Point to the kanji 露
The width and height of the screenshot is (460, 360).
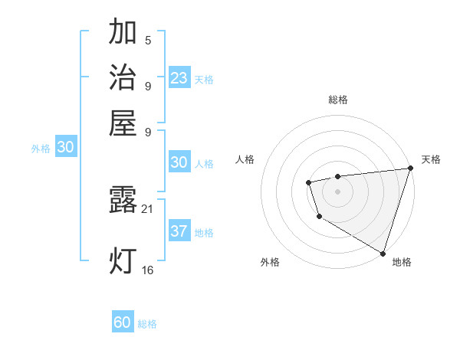pos(123,200)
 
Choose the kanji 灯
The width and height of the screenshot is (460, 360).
pos(123,260)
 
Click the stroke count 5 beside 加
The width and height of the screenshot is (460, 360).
pos(148,41)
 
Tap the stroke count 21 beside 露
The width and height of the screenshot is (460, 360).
pos(148,208)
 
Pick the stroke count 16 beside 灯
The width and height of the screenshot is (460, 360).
pos(148,270)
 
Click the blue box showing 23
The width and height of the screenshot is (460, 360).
pos(179,77)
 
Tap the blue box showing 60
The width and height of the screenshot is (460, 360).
pos(123,322)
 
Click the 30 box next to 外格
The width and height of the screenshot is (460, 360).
pos(65,148)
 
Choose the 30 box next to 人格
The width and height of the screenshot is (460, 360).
pos(179,162)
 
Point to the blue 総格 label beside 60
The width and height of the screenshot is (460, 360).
pos(147,324)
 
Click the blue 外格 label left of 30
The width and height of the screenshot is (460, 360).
pos(41,149)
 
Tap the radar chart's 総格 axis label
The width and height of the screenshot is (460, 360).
pos(337,100)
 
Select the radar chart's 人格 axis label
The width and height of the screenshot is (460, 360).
pos(245,159)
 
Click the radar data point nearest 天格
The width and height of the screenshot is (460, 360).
pos(410,169)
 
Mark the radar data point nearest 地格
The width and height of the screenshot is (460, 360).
pos(382,251)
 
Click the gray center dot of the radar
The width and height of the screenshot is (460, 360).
pos(337,191)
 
